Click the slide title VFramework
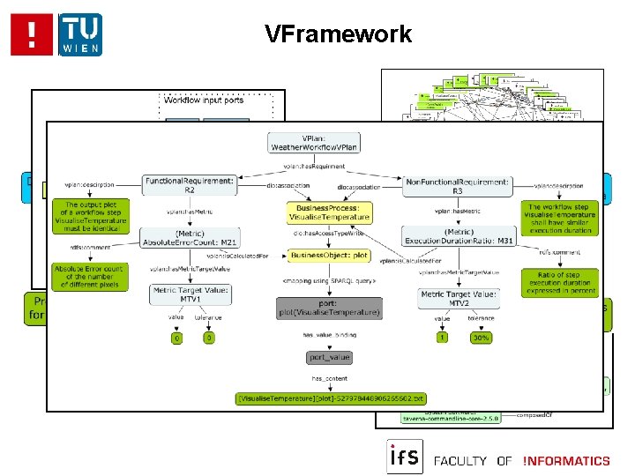coord(338,34)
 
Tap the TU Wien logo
coord(80,34)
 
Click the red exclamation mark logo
coord(32,34)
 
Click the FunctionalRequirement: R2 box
coord(190,183)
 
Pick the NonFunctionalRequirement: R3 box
coord(457,183)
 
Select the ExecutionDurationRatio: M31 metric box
coord(457,237)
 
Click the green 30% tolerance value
coord(482,338)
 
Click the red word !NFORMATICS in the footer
coord(565,460)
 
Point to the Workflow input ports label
coord(205,100)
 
